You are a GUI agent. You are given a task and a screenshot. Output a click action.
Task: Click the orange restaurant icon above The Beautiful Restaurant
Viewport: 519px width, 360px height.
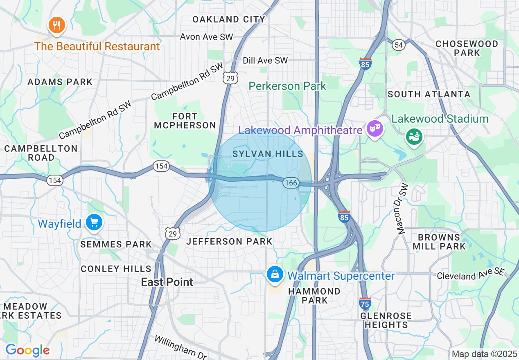(x=57, y=26)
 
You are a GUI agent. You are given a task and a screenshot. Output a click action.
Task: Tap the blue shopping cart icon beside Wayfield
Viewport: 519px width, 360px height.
(x=95, y=223)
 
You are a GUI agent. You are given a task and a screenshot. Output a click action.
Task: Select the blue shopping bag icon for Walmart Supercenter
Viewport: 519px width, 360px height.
(x=275, y=274)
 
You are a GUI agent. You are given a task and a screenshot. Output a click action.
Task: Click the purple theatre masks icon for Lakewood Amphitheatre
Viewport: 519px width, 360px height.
(x=375, y=129)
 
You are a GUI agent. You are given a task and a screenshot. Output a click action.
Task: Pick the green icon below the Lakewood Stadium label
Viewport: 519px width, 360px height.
(x=414, y=137)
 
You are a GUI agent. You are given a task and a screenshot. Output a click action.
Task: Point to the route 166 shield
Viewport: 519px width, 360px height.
(x=291, y=183)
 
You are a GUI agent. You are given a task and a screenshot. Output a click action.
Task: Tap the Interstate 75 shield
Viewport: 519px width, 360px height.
(x=365, y=304)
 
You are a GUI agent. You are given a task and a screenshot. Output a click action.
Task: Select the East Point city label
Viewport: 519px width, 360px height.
(x=167, y=282)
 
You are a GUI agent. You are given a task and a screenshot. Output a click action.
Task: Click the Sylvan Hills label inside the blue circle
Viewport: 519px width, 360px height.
(x=268, y=154)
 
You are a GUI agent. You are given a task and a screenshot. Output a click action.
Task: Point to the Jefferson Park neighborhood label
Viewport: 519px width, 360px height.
(x=229, y=241)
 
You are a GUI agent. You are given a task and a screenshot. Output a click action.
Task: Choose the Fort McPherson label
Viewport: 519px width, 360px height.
(x=185, y=121)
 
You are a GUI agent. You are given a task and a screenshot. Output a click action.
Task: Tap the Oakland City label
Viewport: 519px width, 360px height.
(x=229, y=19)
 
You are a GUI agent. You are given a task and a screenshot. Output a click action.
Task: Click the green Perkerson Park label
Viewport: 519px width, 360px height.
(x=287, y=86)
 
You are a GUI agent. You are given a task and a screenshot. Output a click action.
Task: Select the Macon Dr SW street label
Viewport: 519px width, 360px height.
(x=403, y=209)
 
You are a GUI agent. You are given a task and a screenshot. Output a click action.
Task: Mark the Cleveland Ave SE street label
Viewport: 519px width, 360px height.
(x=471, y=274)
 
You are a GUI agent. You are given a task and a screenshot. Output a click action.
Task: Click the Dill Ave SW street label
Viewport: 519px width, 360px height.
(x=265, y=61)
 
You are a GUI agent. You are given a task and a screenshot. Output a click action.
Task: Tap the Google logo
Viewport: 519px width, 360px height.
(x=27, y=350)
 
